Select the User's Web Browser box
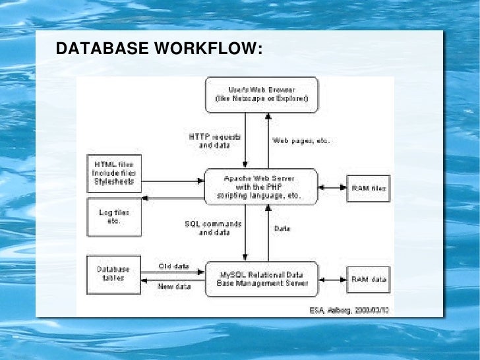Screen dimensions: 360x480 click(x=262, y=94)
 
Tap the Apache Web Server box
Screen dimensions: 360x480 click(x=262, y=187)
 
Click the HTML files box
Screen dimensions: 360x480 click(x=115, y=173)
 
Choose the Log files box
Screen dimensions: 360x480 click(x=115, y=217)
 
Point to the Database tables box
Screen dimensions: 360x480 click(x=115, y=275)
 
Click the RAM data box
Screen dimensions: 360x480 click(x=369, y=279)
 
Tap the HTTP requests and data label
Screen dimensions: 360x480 click(x=215, y=140)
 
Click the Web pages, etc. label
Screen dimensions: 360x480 click(x=301, y=140)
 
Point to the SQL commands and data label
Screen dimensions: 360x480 click(x=213, y=228)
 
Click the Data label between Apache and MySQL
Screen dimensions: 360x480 click(x=282, y=228)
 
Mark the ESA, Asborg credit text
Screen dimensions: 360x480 click(x=349, y=309)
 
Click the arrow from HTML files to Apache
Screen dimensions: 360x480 click(x=173, y=181)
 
